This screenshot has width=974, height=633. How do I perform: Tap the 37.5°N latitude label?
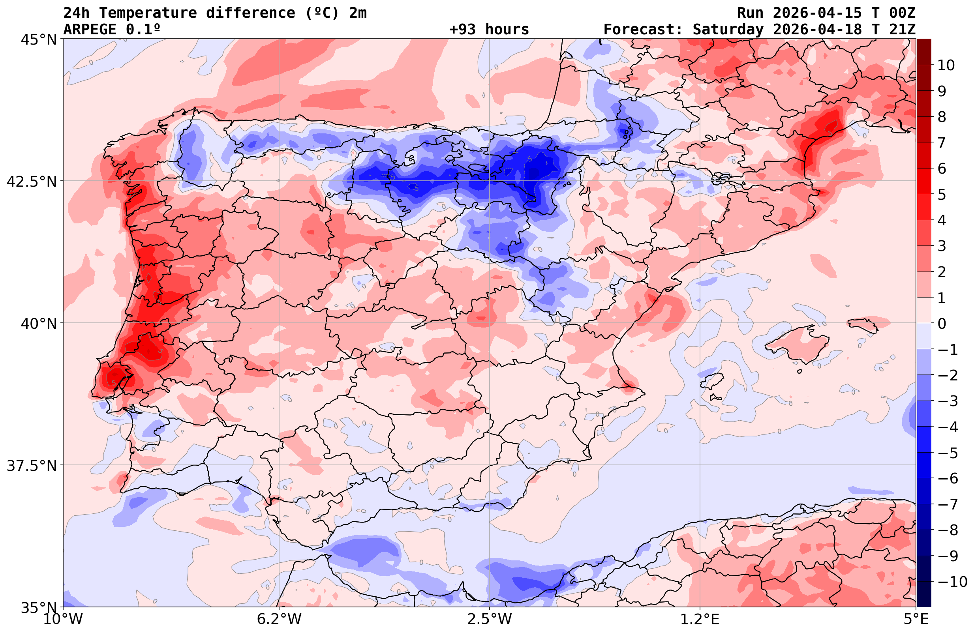point(32,466)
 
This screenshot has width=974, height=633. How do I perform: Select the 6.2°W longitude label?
point(279,619)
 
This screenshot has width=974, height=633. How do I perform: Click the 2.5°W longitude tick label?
point(490,619)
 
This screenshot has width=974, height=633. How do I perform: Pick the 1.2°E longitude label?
point(700,619)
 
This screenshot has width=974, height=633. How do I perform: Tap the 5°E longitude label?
point(916,619)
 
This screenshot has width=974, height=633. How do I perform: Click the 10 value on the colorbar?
point(946,65)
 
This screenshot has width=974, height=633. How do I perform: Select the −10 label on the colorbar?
point(952,581)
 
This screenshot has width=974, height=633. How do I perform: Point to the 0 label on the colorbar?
point(942,324)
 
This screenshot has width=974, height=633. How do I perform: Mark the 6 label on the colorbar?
point(942,169)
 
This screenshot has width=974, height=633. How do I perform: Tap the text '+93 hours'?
point(489,30)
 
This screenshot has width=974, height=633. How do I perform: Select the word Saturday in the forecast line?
point(728,30)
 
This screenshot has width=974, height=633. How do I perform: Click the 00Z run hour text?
point(902,13)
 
